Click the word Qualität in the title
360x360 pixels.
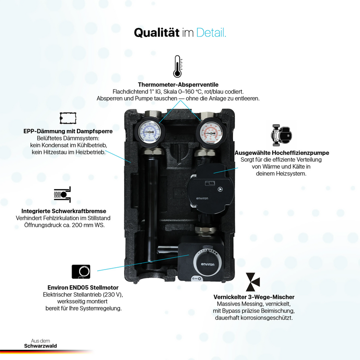click(156, 32)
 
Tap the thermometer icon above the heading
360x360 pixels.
click(177, 66)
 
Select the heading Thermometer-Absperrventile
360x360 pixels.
click(178, 85)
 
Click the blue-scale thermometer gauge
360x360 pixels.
click(149, 132)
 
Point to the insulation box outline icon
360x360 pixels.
click(68, 118)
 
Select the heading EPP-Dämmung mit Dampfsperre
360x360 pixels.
click(68, 131)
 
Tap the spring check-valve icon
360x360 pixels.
click(62, 194)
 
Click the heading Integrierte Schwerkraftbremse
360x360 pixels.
click(64, 211)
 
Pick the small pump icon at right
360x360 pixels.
click(281, 135)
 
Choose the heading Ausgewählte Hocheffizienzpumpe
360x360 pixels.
click(282, 153)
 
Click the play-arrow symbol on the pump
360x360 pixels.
click(220, 189)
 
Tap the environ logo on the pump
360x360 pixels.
click(202, 198)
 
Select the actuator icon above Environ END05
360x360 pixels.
click(81, 272)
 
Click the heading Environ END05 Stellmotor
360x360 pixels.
click(83, 288)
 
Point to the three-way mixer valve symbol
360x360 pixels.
click(252, 282)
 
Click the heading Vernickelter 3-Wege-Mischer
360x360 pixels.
click(254, 297)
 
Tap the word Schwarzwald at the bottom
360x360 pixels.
click(40, 346)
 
